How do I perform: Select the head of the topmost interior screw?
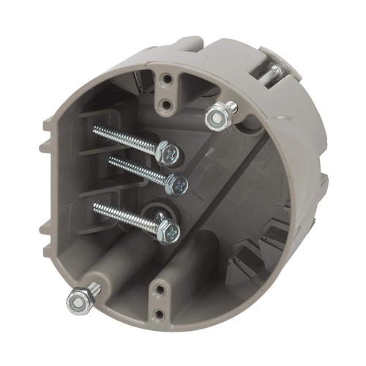171,153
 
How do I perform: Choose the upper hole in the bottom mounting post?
159,291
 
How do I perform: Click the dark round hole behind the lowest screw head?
157,216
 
